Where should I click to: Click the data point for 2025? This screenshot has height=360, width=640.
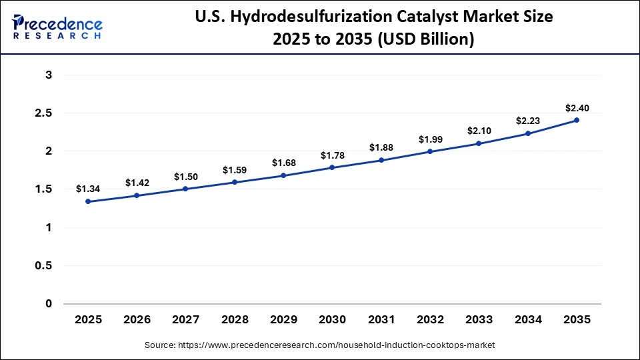tap(88, 201)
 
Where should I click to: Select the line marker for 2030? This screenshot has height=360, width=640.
tap(332, 168)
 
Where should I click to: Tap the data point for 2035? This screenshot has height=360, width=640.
tap(577, 121)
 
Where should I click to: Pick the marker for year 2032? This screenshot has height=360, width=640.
tap(430, 151)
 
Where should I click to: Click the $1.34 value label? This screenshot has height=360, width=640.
tap(88, 189)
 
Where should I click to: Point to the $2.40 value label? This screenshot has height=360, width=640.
tap(577, 108)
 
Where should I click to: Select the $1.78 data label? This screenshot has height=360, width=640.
tap(332, 155)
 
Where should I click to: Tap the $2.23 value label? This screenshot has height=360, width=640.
tap(528, 121)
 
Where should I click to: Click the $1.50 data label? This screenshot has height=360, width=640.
tap(186, 177)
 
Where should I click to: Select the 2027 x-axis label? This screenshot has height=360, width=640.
tap(186, 320)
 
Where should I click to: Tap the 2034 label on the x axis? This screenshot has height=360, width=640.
tap(528, 320)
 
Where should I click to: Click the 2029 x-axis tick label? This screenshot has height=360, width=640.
tap(283, 320)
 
